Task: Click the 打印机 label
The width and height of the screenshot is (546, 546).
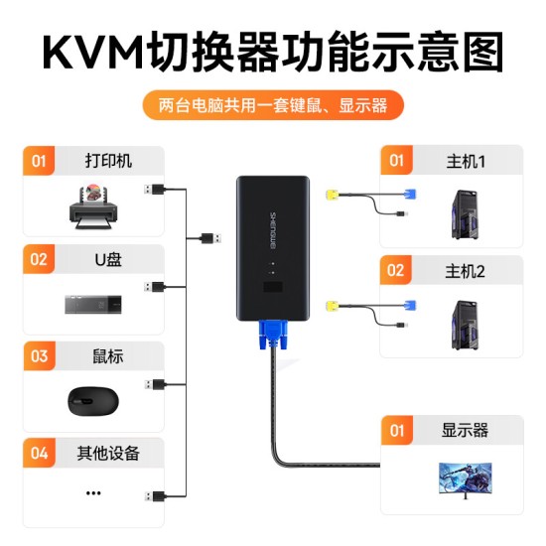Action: pos(108,161)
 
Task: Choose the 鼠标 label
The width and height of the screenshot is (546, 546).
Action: pos(108,355)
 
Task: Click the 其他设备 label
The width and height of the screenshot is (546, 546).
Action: pos(108,454)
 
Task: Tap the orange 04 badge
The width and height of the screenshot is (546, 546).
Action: pos(40,454)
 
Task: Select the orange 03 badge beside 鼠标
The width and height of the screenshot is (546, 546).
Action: pos(40,355)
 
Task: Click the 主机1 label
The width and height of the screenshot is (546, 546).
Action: pos(465,160)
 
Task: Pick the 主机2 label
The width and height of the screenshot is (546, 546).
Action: pos(465,270)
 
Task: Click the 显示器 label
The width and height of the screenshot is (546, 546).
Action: pos(466,431)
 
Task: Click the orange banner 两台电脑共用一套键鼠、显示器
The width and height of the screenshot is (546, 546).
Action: pos(272,104)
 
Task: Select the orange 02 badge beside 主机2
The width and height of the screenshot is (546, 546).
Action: pos(396,270)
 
